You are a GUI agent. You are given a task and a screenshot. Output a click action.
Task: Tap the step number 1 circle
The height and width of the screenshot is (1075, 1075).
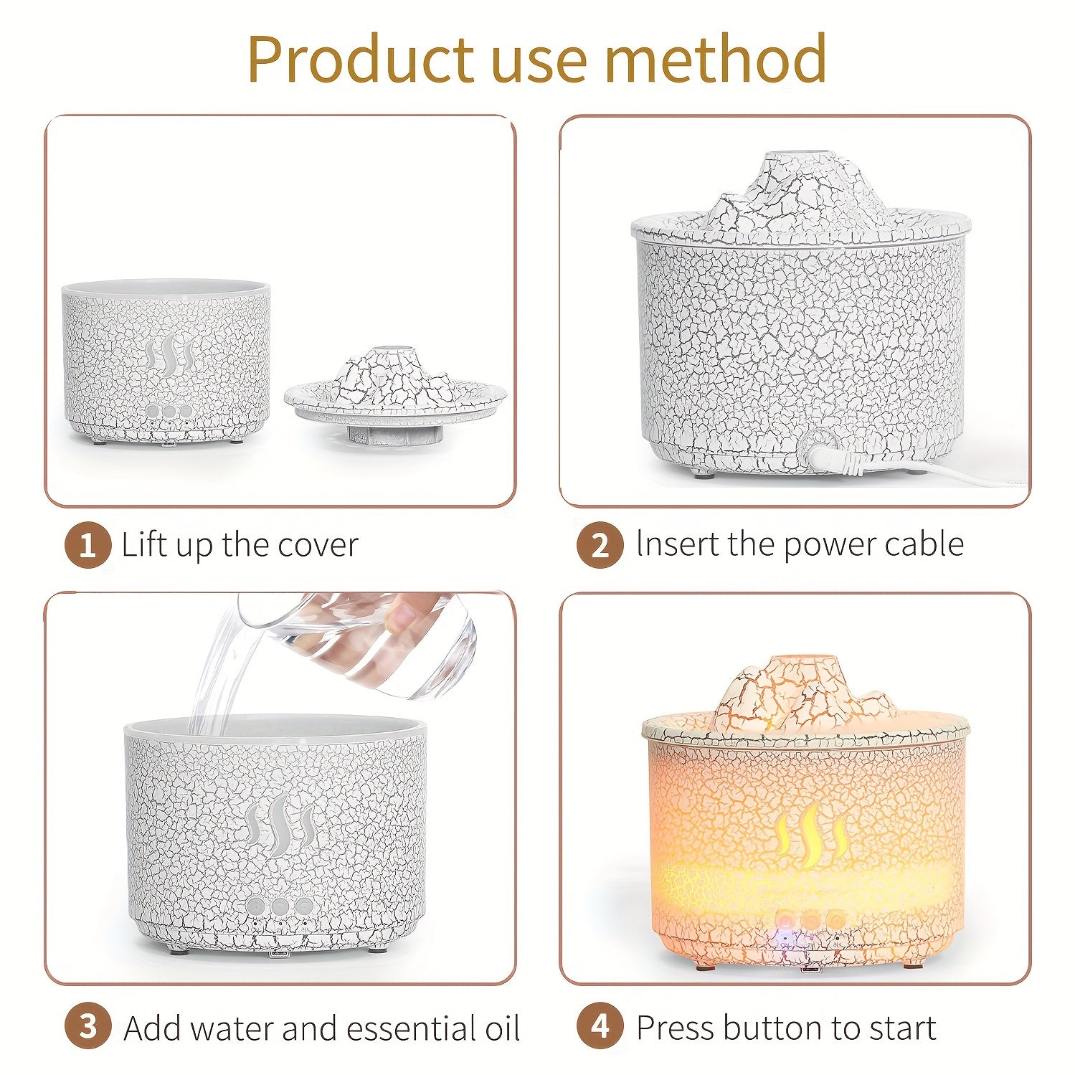tap(87, 546)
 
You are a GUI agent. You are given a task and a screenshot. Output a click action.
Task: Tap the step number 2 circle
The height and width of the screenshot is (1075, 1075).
tap(600, 546)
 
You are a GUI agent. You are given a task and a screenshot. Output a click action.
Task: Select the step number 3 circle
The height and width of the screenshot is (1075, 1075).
tap(87, 1027)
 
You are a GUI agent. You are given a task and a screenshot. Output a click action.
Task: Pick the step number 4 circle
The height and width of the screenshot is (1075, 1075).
tap(600, 1027)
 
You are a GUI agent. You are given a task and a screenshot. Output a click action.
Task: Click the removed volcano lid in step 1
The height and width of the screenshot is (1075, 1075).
tap(395, 394)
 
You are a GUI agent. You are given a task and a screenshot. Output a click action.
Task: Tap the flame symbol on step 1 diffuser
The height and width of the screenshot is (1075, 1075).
tap(169, 356)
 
